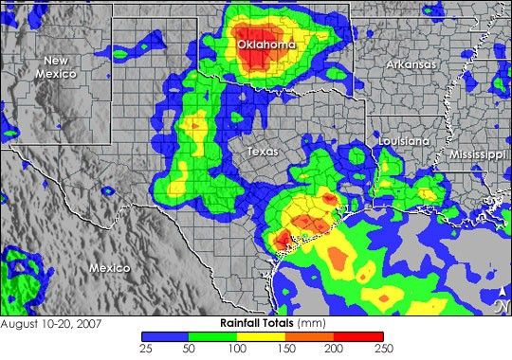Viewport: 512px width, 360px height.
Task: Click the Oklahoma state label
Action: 265,45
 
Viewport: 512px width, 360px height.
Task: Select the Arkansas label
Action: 411,64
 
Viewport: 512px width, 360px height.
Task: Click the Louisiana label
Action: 402,140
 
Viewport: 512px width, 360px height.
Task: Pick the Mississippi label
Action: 478,153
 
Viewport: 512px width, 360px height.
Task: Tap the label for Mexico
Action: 110,268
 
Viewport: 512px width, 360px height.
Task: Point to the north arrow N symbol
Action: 500,305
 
